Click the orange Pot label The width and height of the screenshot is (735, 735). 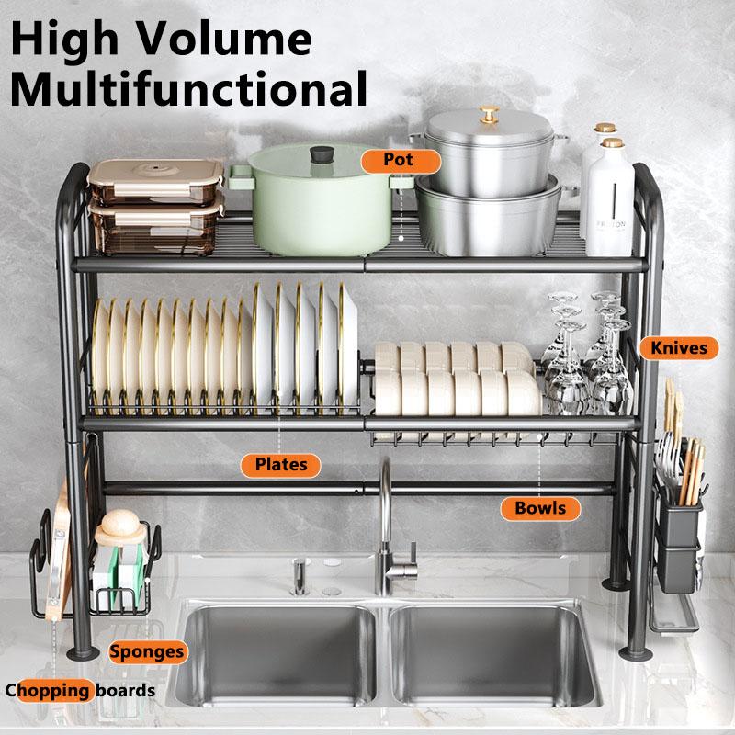coord(399,160)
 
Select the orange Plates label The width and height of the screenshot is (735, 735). coord(282,463)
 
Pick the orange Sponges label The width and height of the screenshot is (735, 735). coord(147,652)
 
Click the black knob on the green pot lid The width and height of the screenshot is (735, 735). coord(322,154)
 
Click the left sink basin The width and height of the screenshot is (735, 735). coord(280,657)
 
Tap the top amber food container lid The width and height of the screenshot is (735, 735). coord(156,172)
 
